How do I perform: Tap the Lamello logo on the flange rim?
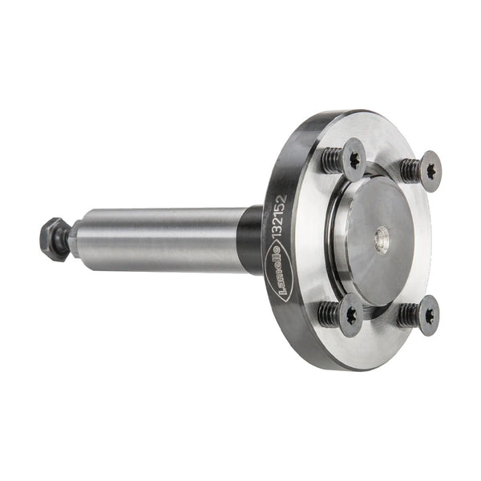279,270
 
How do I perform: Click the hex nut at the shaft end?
55,240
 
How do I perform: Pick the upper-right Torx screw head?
430,172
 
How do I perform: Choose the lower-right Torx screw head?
429,316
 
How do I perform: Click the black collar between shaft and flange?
250,240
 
